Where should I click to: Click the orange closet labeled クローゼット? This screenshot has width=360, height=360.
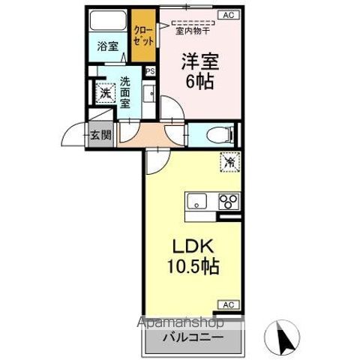tap(142, 35)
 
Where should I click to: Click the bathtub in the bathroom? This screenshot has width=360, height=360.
tap(106, 20)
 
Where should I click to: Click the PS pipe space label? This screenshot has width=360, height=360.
tap(150, 72)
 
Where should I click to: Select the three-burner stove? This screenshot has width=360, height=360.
tap(226, 201)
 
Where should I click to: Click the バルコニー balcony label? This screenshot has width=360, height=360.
tap(193, 337)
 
